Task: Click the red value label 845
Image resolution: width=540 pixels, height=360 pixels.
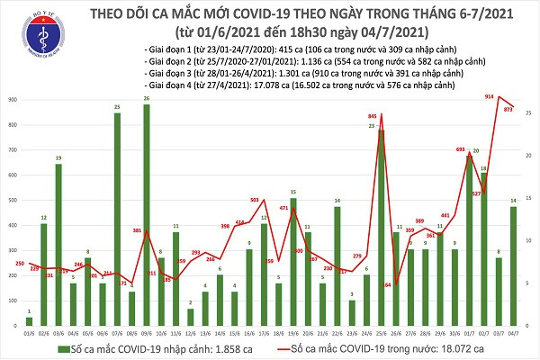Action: (372, 117)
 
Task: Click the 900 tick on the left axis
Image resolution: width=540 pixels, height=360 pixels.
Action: (11, 100)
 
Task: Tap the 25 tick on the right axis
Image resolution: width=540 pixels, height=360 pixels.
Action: (530, 112)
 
